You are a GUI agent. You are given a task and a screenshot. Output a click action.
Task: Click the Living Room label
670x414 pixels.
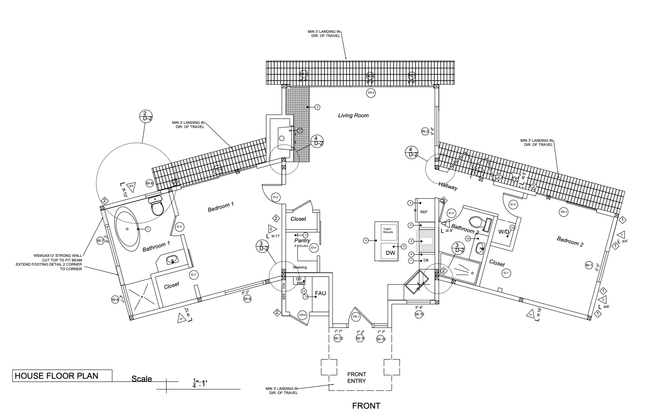point(353,116)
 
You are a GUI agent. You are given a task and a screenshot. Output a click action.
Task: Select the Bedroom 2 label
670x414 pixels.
point(570,241)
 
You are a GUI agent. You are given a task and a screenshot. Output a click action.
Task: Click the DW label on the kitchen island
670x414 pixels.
point(390,253)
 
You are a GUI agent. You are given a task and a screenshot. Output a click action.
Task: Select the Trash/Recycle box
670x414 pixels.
point(388,231)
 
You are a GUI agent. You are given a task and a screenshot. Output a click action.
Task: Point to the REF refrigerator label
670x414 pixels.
point(424,212)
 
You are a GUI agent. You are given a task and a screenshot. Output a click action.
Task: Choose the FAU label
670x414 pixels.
point(320,293)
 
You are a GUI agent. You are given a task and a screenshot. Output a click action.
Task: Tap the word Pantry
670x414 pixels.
point(303,241)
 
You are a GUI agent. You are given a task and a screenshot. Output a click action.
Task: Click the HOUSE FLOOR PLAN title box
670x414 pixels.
point(62,376)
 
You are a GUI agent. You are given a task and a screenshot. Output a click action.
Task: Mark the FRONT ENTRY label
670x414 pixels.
point(356,377)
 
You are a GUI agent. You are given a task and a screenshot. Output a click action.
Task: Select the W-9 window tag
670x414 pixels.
point(247,299)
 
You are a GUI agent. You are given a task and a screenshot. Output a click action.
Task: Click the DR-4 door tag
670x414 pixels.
point(371,93)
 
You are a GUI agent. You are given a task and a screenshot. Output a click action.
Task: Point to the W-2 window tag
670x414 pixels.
point(425,132)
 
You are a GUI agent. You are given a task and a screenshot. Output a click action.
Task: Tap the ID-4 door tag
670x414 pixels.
point(275,197)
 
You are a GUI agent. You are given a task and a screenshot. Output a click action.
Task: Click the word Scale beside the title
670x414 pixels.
point(142,379)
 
